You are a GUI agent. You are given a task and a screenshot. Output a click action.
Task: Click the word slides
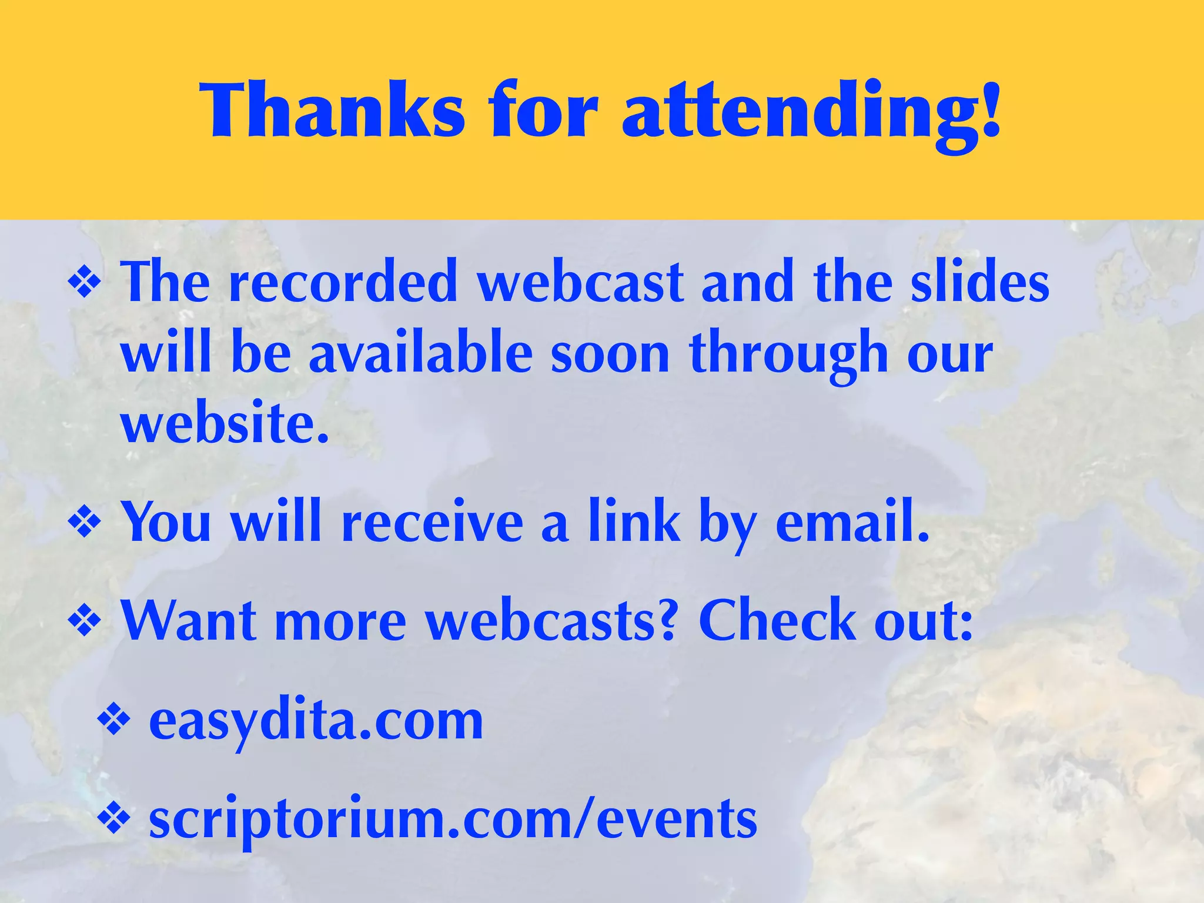tap(980, 283)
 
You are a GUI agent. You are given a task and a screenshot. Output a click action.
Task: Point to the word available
tap(421, 353)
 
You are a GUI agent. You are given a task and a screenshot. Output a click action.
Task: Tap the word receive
tap(432, 521)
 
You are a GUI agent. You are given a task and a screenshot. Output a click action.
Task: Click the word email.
tap(852, 521)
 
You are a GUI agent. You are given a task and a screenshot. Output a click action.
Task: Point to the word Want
tap(189, 621)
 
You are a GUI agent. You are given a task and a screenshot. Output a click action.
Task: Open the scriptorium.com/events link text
tap(453, 820)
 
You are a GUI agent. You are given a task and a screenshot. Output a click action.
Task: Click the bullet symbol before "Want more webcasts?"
tap(85, 622)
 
